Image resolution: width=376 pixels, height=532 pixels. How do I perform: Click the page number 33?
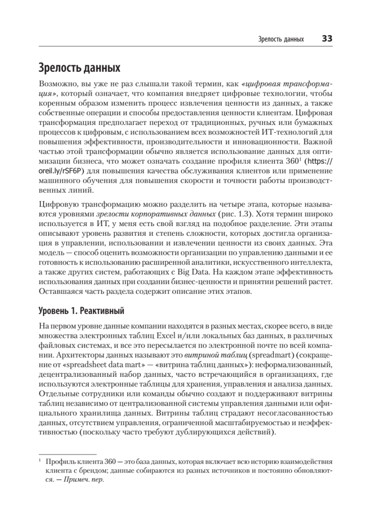pos(327,39)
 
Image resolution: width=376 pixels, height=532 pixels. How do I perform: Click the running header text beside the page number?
pos(281,39)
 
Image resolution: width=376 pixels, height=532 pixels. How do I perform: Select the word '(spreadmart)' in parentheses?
pos(271,355)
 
